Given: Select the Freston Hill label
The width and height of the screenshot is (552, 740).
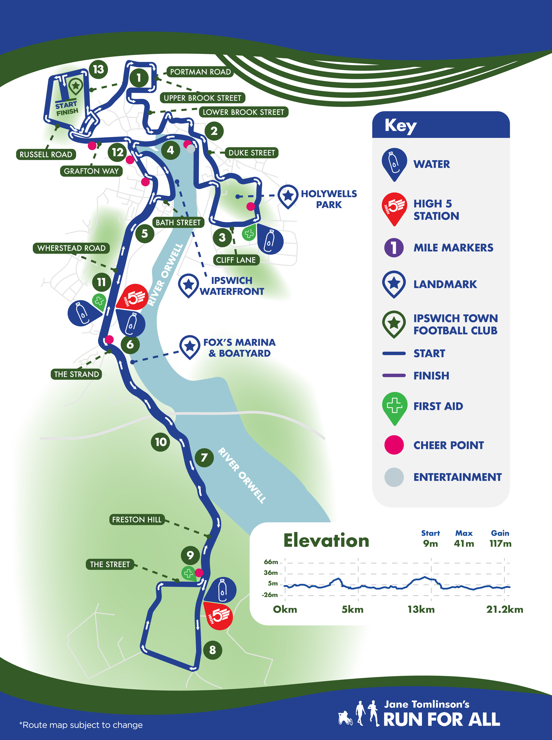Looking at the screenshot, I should [137, 519].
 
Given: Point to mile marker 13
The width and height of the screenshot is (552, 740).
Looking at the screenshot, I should [98, 69].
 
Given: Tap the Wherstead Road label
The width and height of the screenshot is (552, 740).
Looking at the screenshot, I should [71, 248].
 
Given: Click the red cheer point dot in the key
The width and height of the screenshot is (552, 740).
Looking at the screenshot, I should [394, 445].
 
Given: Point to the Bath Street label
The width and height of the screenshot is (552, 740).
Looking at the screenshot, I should [178, 222].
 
